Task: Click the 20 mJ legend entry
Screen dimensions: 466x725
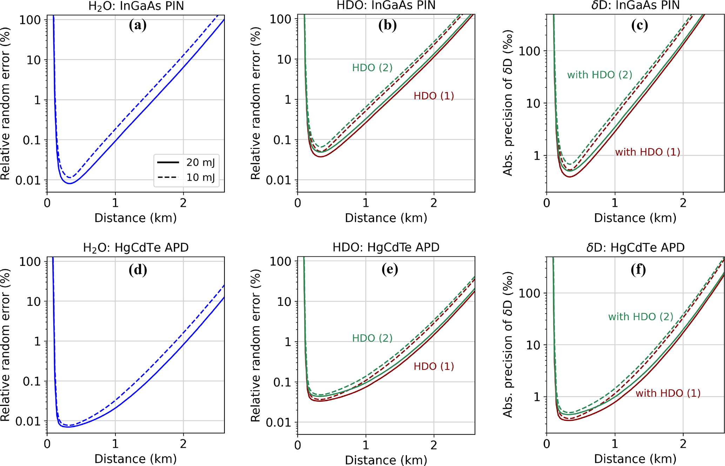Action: click(200, 163)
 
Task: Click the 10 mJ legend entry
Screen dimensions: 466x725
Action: click(200, 177)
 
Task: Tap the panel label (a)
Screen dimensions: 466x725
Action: click(137, 25)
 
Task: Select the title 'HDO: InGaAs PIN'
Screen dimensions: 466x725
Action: click(386, 6)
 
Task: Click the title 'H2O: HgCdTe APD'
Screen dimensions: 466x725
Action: click(136, 248)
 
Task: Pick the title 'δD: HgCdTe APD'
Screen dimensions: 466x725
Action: click(635, 248)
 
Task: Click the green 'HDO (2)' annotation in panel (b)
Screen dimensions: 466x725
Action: click(372, 68)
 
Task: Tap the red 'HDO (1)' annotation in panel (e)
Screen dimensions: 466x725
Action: click(434, 367)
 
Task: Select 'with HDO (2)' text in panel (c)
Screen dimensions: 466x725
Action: click(599, 75)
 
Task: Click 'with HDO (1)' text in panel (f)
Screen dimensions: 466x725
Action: click(668, 393)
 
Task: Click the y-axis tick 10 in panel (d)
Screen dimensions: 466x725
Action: click(34, 302)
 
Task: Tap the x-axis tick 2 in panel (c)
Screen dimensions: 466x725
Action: click(683, 203)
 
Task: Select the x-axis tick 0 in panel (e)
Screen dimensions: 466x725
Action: click(298, 445)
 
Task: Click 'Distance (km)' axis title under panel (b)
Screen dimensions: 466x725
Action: click(386, 218)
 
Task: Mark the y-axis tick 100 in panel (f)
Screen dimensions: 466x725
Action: click(529, 293)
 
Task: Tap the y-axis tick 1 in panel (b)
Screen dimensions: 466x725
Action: click(288, 100)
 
